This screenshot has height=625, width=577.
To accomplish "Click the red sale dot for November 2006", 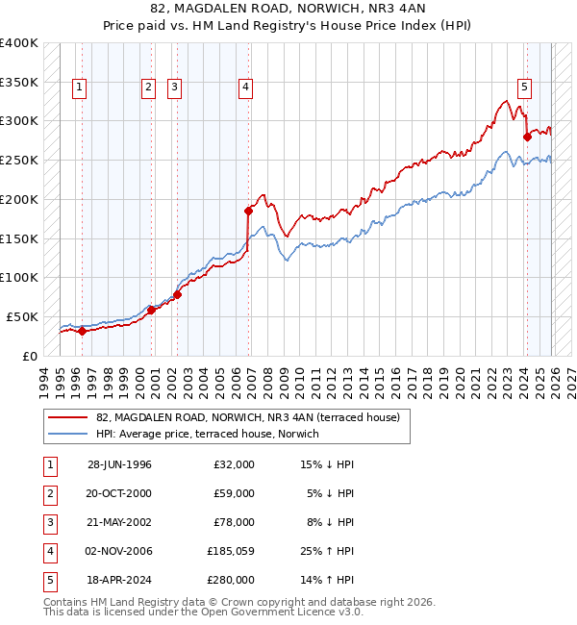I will (x=248, y=210).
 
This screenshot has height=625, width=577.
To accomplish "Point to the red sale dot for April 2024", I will (x=527, y=137).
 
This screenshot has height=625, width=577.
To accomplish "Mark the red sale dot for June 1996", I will (x=82, y=331).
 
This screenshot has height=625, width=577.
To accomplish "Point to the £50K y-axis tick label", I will (x=22, y=316).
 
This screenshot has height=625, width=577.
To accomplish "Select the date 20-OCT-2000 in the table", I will (x=119, y=493).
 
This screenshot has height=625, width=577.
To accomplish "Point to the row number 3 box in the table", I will (x=49, y=523).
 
